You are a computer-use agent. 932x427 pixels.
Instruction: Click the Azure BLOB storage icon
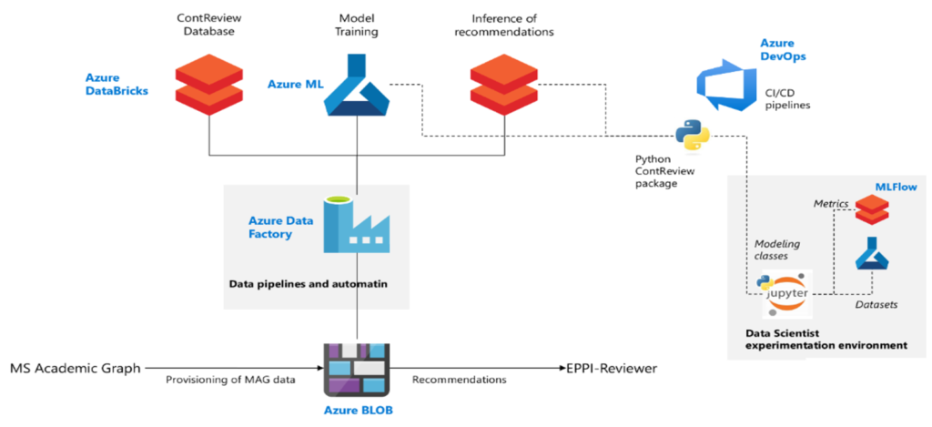click(356, 370)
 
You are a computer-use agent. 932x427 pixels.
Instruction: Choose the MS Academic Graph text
click(76, 369)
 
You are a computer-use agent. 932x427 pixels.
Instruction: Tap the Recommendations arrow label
click(460, 379)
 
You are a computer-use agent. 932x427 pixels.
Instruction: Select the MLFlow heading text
click(895, 187)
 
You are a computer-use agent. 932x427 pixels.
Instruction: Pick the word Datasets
click(876, 304)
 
